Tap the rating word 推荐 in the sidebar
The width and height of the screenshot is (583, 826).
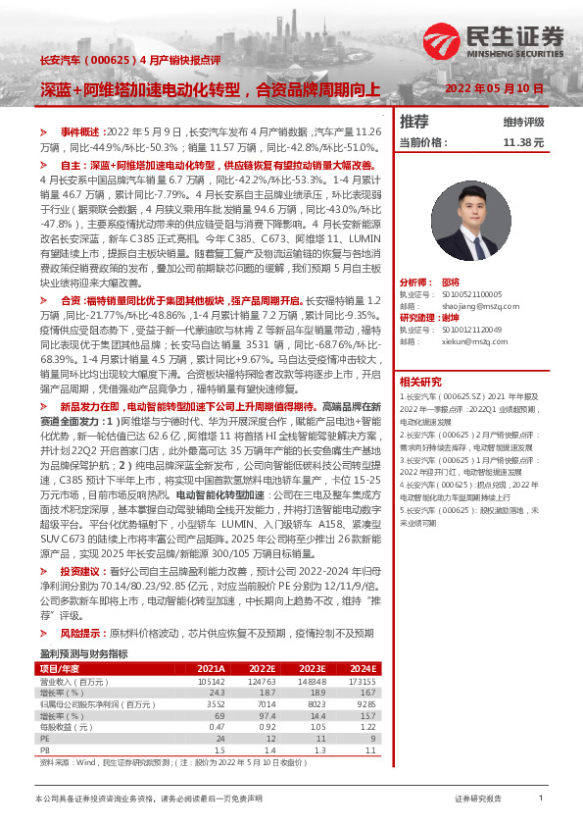(x=414, y=122)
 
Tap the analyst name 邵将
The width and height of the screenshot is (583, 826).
(x=450, y=282)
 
